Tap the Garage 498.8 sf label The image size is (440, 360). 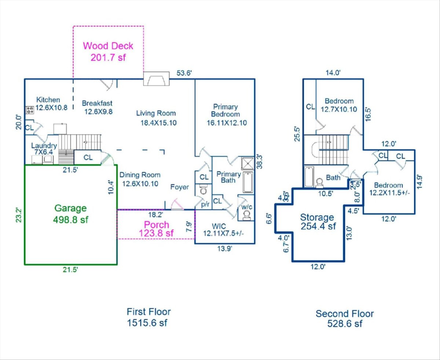coord(71,214)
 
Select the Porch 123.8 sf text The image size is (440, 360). coord(156,228)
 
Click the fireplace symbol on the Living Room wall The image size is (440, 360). coord(156,79)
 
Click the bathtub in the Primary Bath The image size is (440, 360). coord(248,182)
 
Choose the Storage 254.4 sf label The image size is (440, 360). coord(318,221)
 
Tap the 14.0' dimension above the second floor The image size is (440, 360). coord(333,73)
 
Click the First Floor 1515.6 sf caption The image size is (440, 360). coord(148,317)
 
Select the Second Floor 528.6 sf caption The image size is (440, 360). coord(345,319)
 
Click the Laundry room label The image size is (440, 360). coord(44,149)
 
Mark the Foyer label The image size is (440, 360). coord(180,187)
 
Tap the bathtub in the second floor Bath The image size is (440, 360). coord(309,177)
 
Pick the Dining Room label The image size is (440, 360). coord(140,179)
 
